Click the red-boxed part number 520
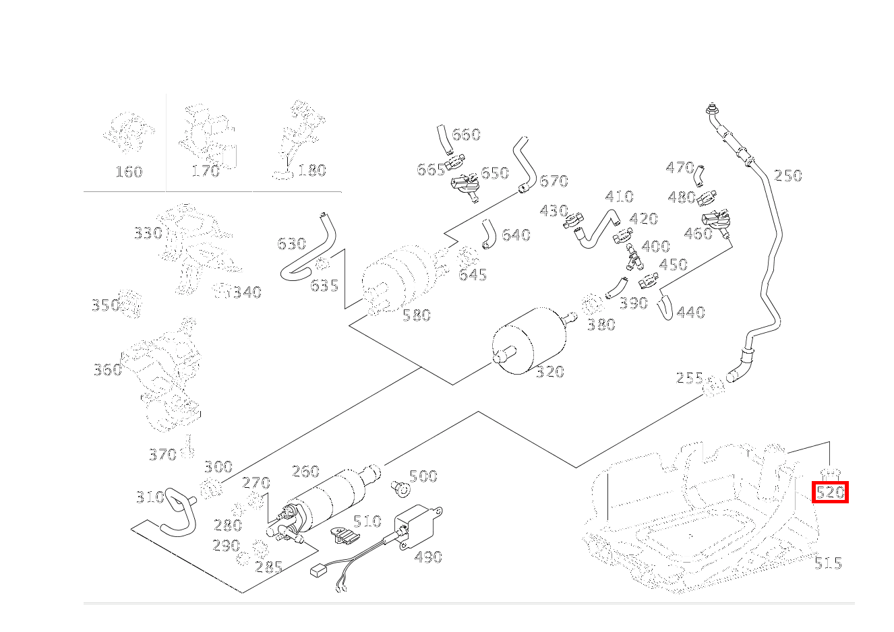[x=830, y=493]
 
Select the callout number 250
[x=787, y=176]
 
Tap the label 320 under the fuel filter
[x=549, y=372]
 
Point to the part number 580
[x=416, y=315]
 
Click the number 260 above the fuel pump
[x=305, y=471]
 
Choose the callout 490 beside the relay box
[x=428, y=557]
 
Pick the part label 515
[x=827, y=563]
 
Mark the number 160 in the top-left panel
[x=128, y=172]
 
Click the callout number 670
[x=554, y=181]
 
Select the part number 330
[x=148, y=234]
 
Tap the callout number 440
[x=690, y=313]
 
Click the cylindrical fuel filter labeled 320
[x=529, y=340]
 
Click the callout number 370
[x=162, y=455]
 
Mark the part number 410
[x=619, y=197]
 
